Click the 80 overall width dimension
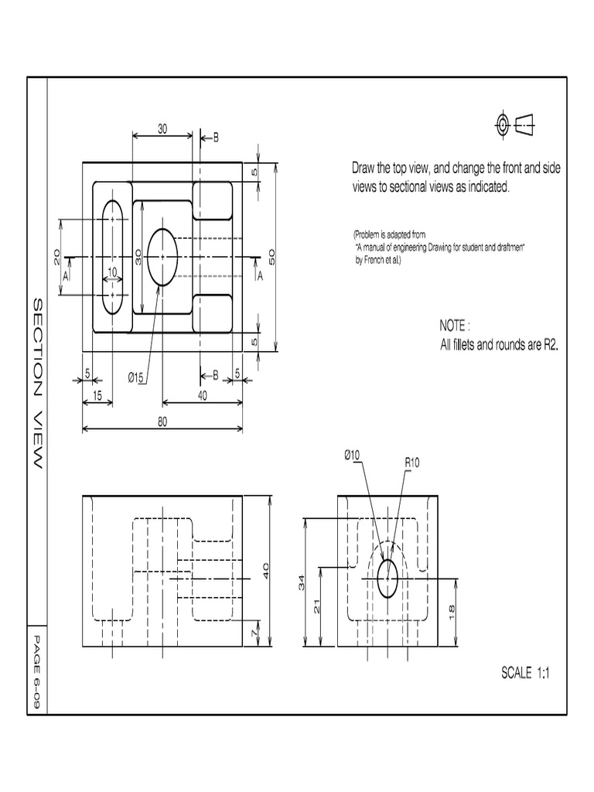pyautogui.click(x=162, y=422)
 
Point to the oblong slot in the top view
pyautogui.click(x=113, y=256)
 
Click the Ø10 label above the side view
pyautogui.click(x=352, y=456)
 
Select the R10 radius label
pyautogui.click(x=412, y=463)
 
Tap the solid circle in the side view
pyautogui.click(x=387, y=579)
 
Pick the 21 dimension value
pyautogui.click(x=317, y=608)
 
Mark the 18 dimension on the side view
pyautogui.click(x=452, y=610)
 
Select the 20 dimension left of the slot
pyautogui.click(x=57, y=257)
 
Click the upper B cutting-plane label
pyautogui.click(x=216, y=138)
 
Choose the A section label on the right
pyautogui.click(x=260, y=275)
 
